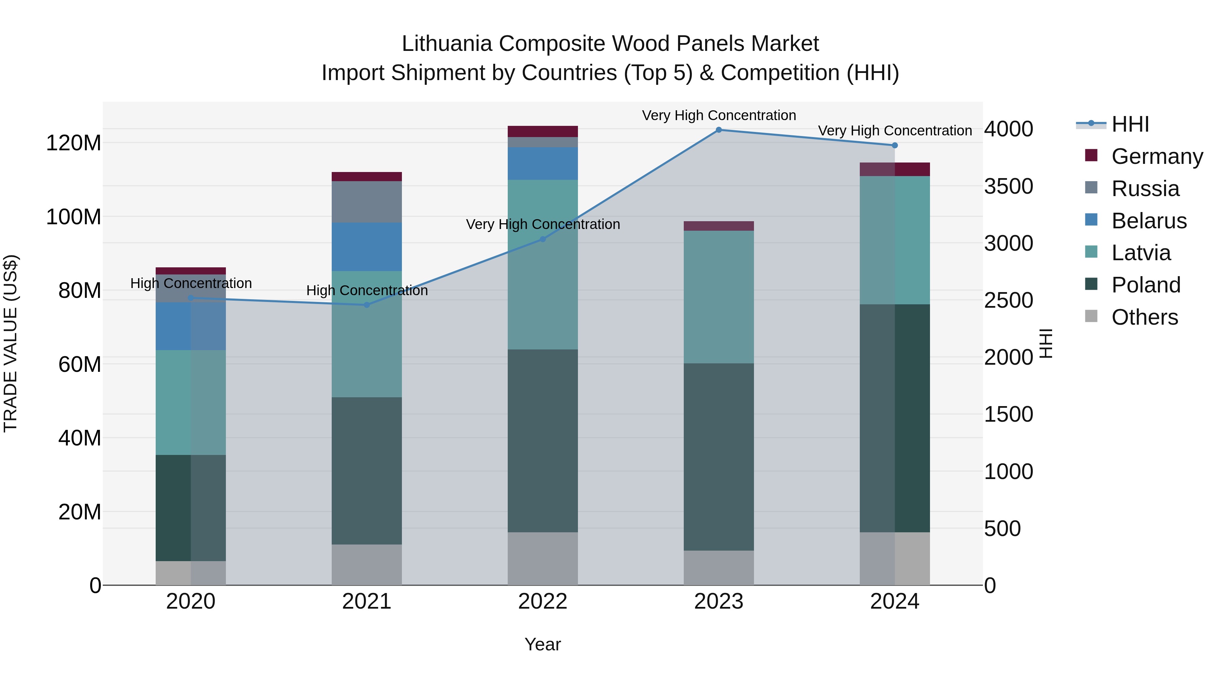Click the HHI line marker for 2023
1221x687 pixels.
click(719, 130)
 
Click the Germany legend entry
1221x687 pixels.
click(1157, 156)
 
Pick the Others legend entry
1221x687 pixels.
click(1144, 317)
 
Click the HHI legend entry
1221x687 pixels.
click(1130, 124)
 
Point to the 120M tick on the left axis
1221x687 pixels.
click(74, 143)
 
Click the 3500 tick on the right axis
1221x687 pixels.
click(1009, 186)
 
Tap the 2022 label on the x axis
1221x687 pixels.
click(543, 602)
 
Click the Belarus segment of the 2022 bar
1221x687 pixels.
click(543, 164)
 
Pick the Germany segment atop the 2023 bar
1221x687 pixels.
click(719, 226)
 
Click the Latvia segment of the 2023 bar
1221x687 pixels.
click(719, 297)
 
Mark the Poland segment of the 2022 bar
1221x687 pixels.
click(543, 441)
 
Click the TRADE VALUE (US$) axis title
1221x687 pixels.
click(11, 343)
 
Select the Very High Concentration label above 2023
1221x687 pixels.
click(719, 116)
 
